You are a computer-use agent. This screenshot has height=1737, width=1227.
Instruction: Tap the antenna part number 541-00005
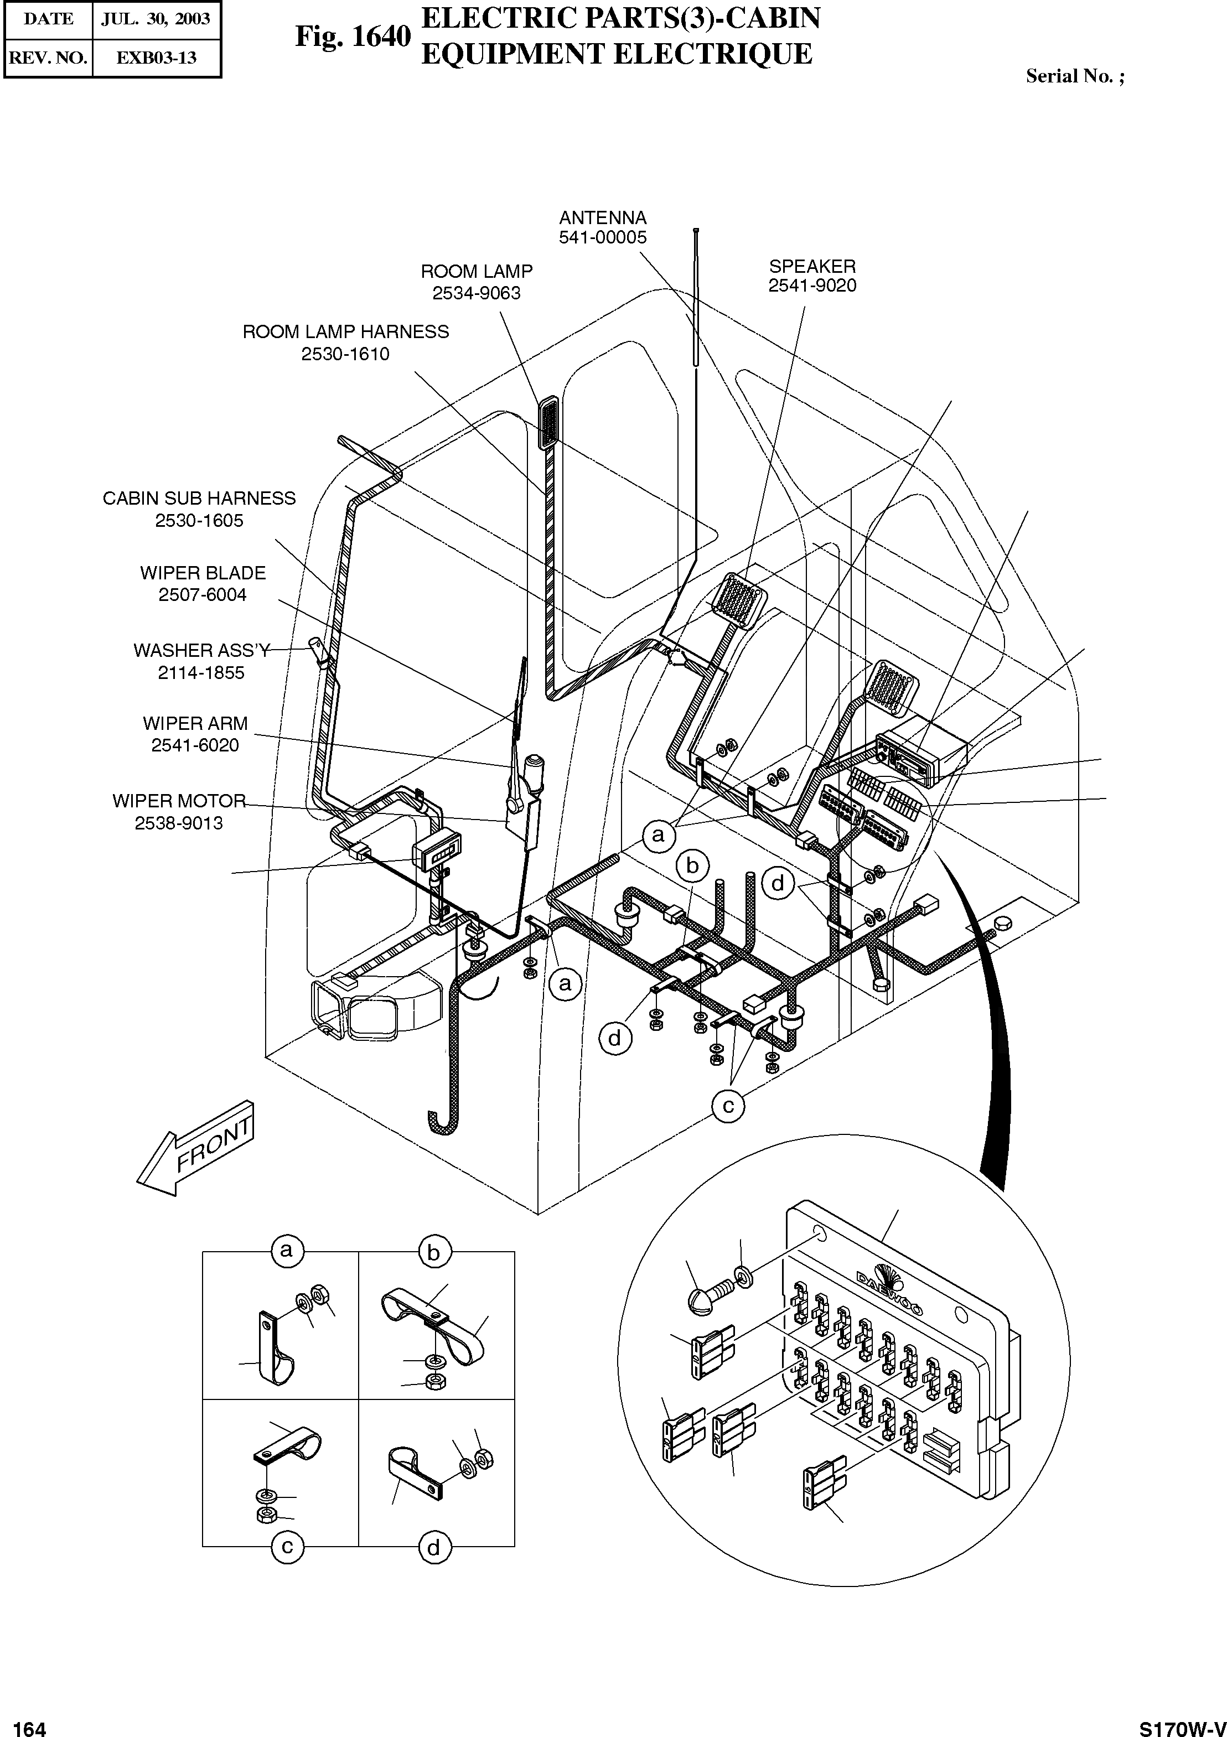602,237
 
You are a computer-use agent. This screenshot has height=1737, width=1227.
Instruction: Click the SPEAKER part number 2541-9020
812,286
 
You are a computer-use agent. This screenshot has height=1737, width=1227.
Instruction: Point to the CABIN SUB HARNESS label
199,499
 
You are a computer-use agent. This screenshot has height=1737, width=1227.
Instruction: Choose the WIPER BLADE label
203,573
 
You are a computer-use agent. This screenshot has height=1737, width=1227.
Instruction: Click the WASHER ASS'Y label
201,651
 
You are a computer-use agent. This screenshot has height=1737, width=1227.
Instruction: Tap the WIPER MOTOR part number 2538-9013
179,823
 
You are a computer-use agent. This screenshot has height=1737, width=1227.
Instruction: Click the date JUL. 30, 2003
156,19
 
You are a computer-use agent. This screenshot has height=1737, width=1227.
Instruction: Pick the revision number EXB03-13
156,58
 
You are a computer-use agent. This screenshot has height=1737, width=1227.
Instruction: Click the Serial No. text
1074,76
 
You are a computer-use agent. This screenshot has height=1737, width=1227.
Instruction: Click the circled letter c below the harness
728,1107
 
